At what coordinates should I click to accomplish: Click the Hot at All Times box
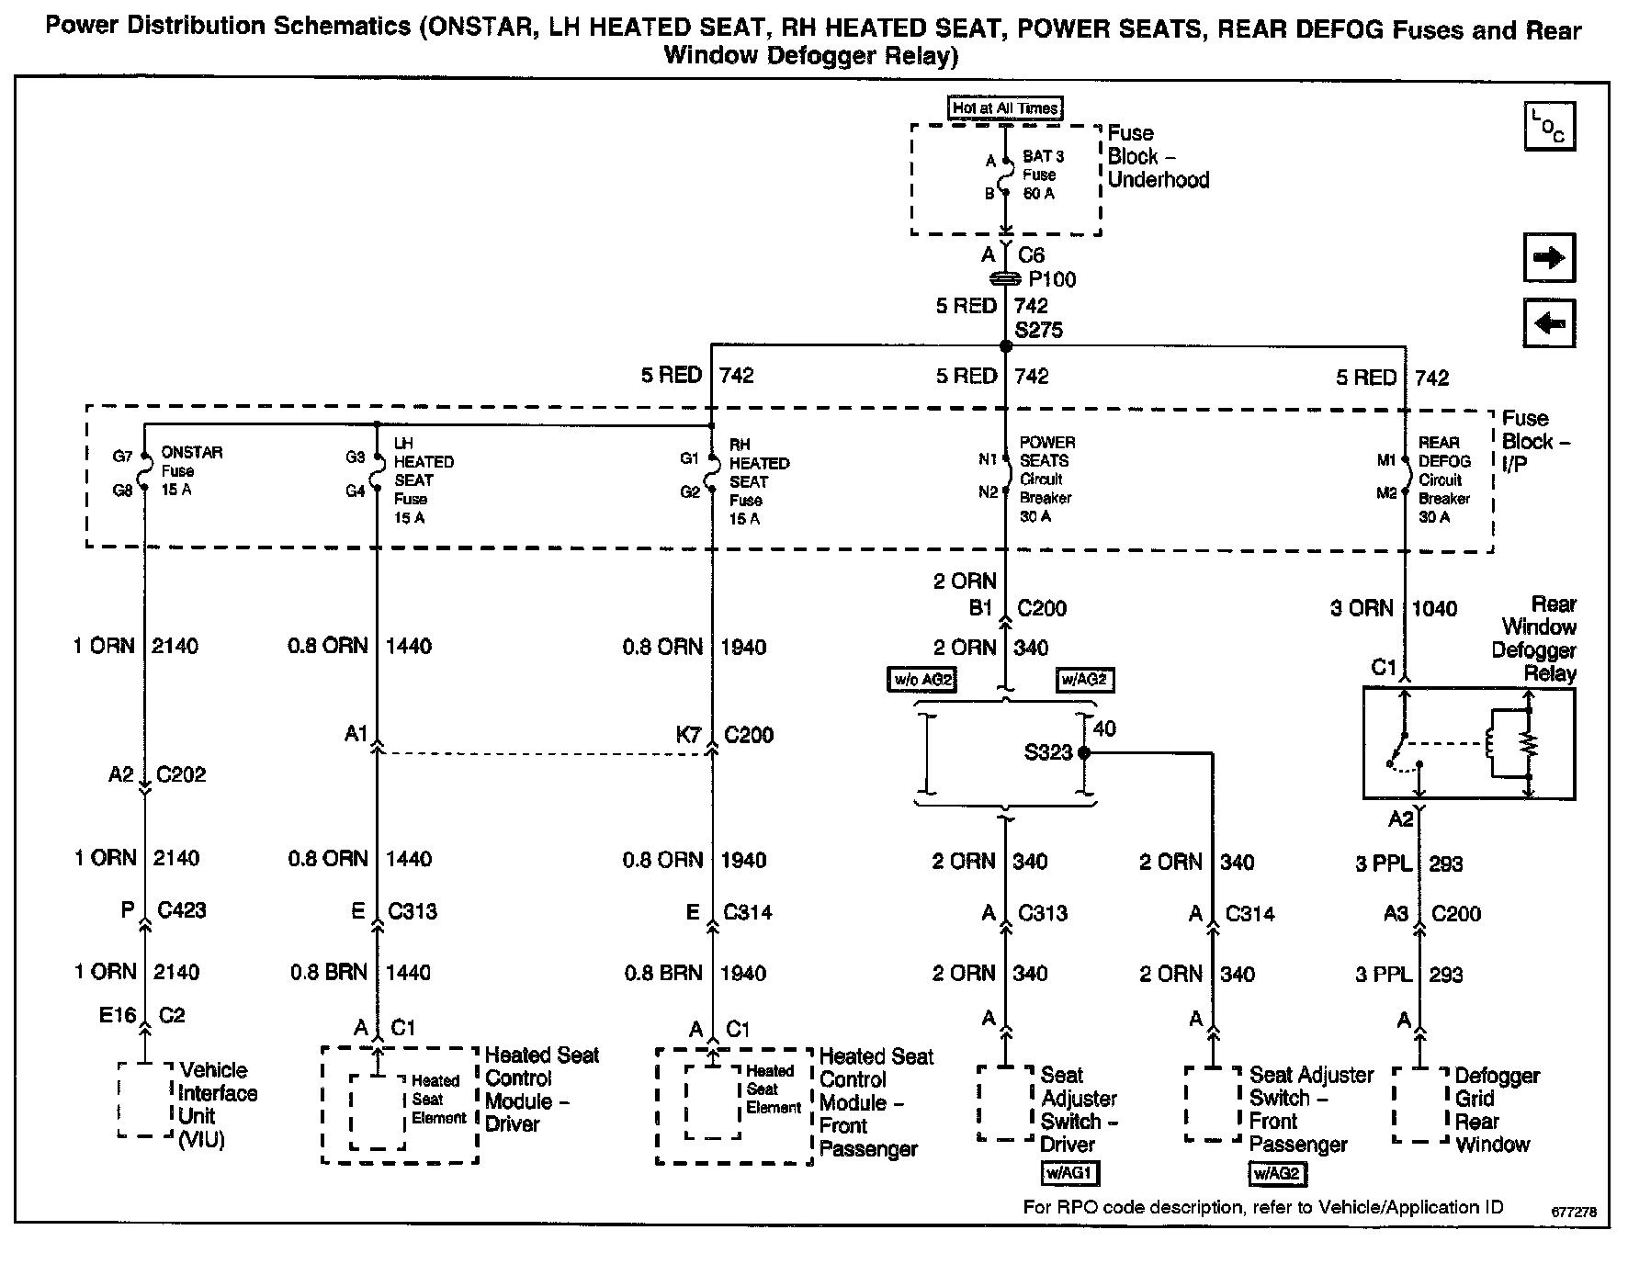1005,108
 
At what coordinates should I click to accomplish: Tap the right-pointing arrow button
1549,257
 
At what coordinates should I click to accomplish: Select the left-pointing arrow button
1549,323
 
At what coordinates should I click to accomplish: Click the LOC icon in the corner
1549,127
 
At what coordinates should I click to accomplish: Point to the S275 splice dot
1006,346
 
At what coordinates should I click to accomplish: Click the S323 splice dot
1084,752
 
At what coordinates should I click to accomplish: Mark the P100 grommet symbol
1006,278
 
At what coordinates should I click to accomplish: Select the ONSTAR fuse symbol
144,472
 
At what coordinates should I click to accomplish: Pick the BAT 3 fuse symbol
1006,176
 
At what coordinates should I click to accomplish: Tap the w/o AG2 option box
921,681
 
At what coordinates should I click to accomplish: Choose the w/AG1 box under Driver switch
1069,1173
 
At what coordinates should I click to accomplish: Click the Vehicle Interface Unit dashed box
145,1100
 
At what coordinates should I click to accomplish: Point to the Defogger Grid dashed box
1421,1105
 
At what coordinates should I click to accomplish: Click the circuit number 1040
1433,608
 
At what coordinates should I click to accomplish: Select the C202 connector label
181,774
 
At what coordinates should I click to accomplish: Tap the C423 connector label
182,910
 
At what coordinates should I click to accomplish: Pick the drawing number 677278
1574,1212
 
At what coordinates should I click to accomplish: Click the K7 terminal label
688,735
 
